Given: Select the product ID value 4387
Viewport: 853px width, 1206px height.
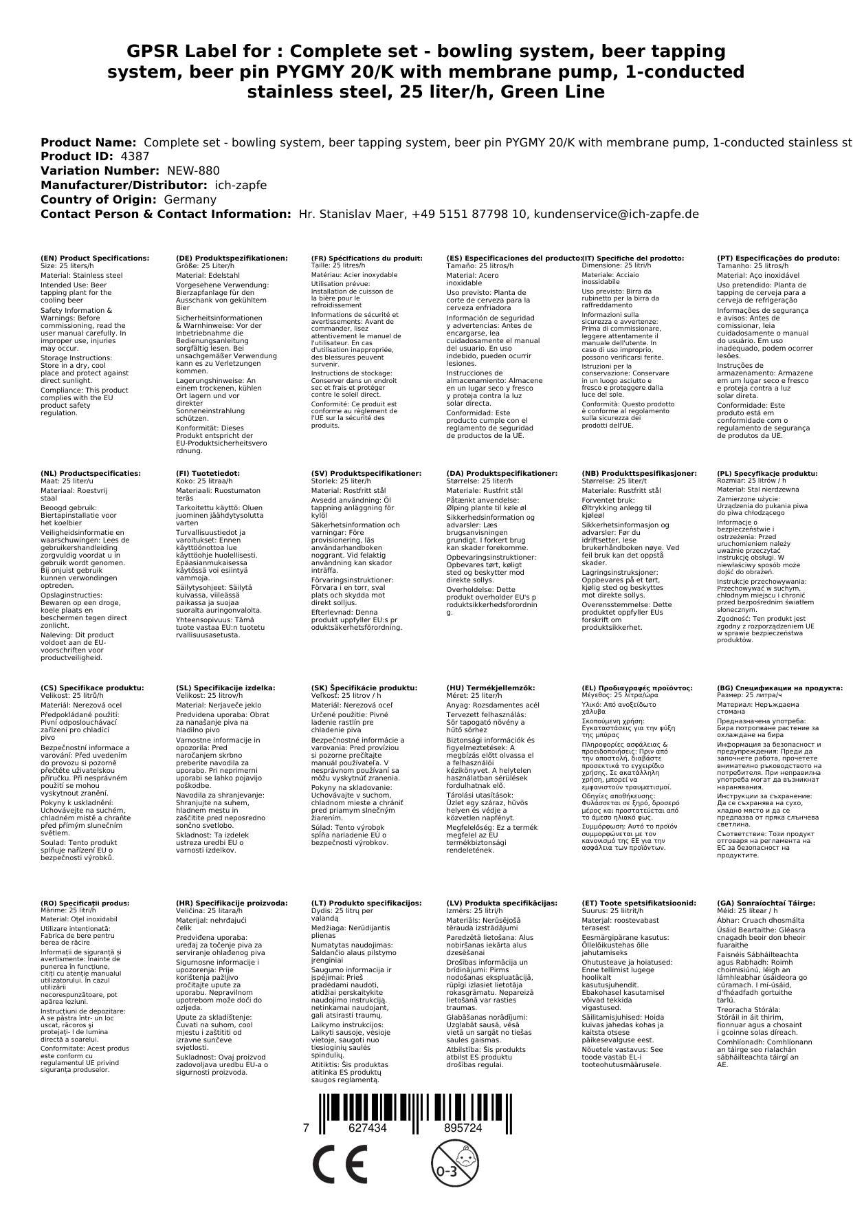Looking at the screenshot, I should pos(135,157).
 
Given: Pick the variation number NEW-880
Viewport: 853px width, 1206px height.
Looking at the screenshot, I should pos(193,171).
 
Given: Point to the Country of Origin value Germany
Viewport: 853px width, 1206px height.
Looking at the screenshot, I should pos(190,199).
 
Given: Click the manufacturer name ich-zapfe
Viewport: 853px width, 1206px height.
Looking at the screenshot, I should pos(241,185).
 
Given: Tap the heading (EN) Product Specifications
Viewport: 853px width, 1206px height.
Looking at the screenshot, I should pos(95,259).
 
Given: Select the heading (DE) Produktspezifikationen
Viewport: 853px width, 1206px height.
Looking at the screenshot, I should pos(232,259).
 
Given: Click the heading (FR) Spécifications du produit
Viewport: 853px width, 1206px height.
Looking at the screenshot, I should pos(367,259).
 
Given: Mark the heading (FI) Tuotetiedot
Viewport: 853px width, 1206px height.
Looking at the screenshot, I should pos(208,474).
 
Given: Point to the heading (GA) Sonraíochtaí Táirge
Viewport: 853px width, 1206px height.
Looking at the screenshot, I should pos(766,903).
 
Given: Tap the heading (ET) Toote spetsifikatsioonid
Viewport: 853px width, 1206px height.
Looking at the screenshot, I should pos(639,903).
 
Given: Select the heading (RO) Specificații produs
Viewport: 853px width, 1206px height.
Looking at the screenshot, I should pos(85,903).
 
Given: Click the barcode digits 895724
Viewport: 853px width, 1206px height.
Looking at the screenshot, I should pos(463,1128).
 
